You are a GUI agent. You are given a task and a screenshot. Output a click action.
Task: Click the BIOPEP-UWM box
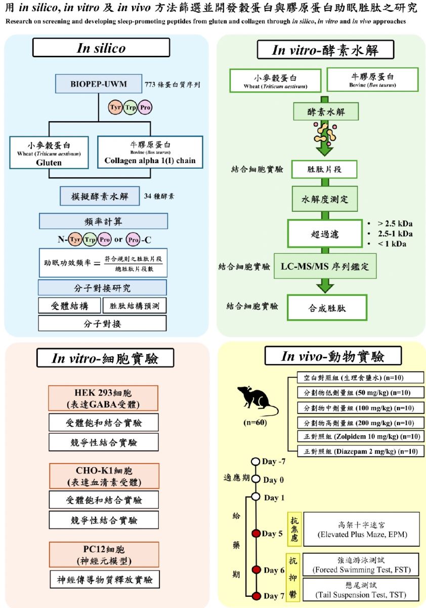pyautogui.click(x=99, y=85)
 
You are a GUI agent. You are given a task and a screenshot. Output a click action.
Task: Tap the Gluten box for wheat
pyautogui.click(x=49, y=151)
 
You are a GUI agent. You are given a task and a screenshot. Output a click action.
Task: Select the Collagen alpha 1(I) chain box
pyautogui.click(x=149, y=151)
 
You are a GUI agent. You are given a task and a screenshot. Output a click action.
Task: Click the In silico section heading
pyautogui.click(x=101, y=48)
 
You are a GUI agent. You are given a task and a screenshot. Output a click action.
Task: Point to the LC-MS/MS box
pyautogui.click(x=325, y=266)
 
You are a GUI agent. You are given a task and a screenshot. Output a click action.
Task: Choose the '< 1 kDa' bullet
pyautogui.click(x=390, y=244)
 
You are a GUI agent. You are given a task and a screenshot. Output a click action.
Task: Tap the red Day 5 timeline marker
pyautogui.click(x=256, y=534)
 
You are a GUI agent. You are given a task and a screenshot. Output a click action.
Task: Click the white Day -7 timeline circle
pyautogui.click(x=256, y=462)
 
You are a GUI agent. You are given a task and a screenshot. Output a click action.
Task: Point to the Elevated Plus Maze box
pyautogui.click(x=361, y=529)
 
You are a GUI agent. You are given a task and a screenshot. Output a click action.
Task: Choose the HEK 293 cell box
pyautogui.click(x=103, y=398)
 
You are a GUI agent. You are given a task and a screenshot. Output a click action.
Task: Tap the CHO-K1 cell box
pyautogui.click(x=103, y=476)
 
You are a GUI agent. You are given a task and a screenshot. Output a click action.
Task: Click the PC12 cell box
pyautogui.click(x=103, y=554)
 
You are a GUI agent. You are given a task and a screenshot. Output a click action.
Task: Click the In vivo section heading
pyautogui.click(x=333, y=356)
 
